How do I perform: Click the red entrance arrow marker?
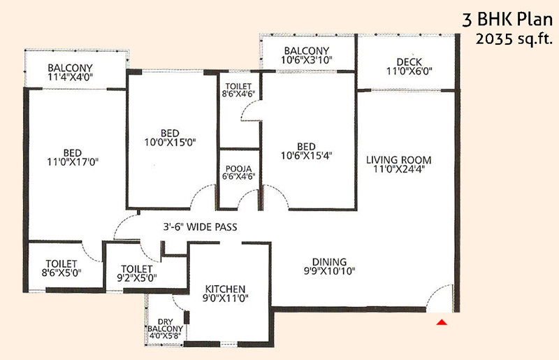442,322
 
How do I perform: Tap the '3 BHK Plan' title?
507,20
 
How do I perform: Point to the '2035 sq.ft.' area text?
514,38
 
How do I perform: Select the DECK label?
409,62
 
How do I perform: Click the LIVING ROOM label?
398,160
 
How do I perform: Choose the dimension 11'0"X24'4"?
398,168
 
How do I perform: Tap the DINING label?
329,262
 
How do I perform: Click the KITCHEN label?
225,289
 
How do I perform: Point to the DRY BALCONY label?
165,325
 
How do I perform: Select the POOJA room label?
238,168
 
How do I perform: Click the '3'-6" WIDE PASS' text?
200,227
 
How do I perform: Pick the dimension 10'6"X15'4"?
307,156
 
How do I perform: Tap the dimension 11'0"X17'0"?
73,162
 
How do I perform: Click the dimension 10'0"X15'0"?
170,142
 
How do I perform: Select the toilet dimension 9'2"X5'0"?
137,278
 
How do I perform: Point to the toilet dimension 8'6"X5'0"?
61,273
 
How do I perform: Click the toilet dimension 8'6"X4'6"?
238,94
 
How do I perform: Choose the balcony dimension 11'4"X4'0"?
71,76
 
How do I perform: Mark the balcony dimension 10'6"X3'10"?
307,59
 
